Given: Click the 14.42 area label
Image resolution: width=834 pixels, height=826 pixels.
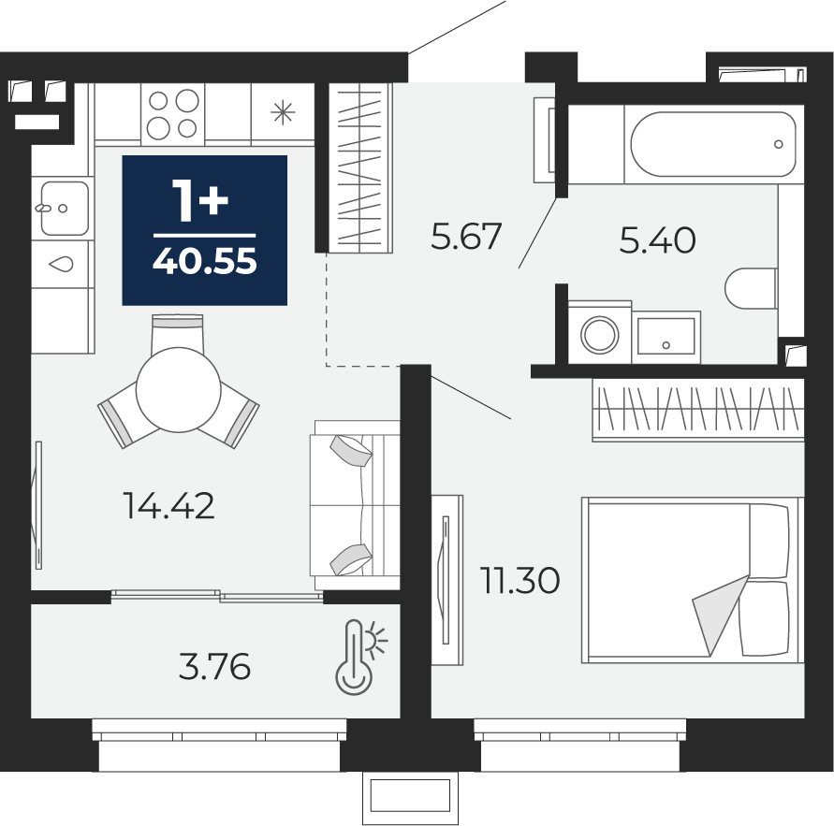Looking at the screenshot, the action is pyautogui.click(x=169, y=505).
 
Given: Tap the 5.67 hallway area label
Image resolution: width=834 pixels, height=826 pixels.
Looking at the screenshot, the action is pyautogui.click(x=466, y=237).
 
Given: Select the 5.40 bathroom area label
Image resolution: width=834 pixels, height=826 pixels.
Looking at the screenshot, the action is pyautogui.click(x=657, y=239).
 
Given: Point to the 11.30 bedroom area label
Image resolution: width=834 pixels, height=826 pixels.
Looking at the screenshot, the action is pyautogui.click(x=519, y=580).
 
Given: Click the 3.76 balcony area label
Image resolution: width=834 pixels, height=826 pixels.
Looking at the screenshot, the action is pyautogui.click(x=215, y=667).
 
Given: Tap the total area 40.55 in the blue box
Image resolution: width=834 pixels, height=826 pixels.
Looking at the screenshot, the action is pyautogui.click(x=205, y=262).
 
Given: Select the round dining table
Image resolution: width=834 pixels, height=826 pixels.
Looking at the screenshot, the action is pyautogui.click(x=178, y=389).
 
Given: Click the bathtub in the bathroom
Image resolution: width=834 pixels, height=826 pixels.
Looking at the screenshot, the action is pyautogui.click(x=713, y=144).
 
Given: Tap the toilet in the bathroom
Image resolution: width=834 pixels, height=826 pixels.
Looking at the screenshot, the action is pyautogui.click(x=751, y=289).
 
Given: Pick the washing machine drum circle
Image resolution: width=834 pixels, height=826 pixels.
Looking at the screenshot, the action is pyautogui.click(x=599, y=335).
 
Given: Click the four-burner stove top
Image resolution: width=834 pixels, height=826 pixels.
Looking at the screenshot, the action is pyautogui.click(x=173, y=114).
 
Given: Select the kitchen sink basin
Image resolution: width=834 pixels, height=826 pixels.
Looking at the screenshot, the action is pyautogui.click(x=65, y=208).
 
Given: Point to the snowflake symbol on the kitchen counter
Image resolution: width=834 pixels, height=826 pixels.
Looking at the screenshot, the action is pyautogui.click(x=283, y=112).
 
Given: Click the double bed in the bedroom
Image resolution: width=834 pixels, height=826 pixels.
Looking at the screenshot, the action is pyautogui.click(x=693, y=580).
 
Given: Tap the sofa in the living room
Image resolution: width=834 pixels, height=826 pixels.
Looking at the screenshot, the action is pyautogui.click(x=355, y=505).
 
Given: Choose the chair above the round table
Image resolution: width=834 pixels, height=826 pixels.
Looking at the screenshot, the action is pyautogui.click(x=178, y=333).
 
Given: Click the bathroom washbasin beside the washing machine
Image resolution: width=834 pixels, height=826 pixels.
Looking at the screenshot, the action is pyautogui.click(x=666, y=337).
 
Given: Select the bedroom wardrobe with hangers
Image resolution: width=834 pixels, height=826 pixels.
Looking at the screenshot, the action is pyautogui.click(x=698, y=410).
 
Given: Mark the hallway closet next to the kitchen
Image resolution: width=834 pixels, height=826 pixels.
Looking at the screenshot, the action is pyautogui.click(x=360, y=167).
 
